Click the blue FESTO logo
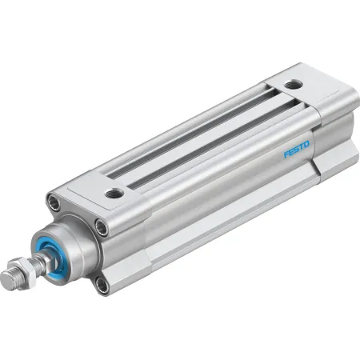[297, 150]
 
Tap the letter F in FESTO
[286, 154]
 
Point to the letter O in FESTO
[306, 145]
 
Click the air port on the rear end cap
[294, 84]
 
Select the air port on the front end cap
[114, 193]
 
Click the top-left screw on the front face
[54, 201]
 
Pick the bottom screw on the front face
[102, 286]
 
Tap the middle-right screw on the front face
[102, 227]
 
